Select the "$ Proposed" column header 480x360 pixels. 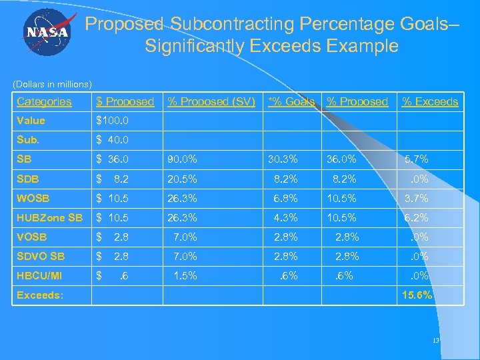click(125, 101)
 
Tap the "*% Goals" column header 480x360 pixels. click(291, 101)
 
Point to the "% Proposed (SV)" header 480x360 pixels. click(211, 101)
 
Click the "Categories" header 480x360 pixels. click(44, 101)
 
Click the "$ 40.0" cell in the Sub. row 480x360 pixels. click(113, 140)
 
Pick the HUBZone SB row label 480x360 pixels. click(50, 217)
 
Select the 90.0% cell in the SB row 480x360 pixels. click(183, 159)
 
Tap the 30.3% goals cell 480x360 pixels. click(283, 159)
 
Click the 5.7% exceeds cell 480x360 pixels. click(417, 159)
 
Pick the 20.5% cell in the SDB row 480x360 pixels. click(183, 179)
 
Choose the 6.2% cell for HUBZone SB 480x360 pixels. click(417, 217)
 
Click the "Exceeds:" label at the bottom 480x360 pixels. click(40, 295)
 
